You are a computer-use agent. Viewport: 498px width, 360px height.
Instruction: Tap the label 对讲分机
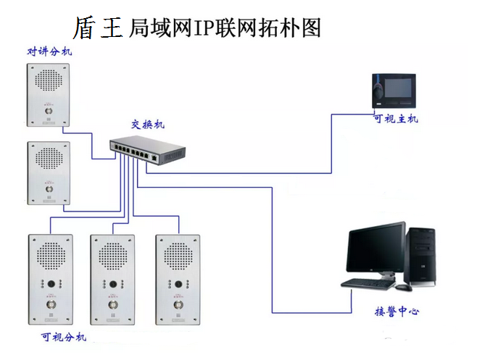[50, 51]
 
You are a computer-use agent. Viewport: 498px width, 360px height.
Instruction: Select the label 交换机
[148, 125]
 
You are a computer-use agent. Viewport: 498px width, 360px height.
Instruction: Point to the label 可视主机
[395, 119]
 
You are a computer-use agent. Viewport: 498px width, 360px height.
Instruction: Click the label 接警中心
[396, 312]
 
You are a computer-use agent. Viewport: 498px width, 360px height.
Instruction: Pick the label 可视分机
[64, 337]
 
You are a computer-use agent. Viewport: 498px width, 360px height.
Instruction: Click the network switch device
[148, 151]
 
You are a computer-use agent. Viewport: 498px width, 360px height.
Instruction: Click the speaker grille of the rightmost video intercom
[178, 256]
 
